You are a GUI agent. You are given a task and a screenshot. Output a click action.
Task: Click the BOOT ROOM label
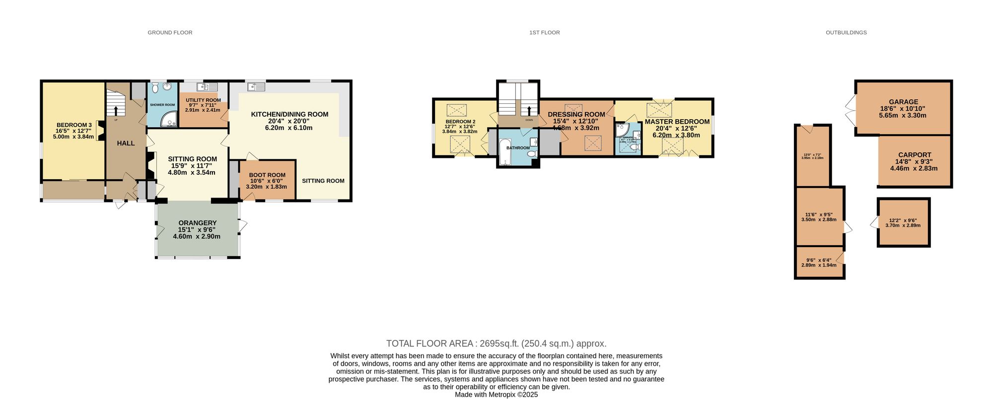coord(267,175)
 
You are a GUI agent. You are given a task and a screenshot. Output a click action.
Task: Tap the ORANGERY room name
coord(197,223)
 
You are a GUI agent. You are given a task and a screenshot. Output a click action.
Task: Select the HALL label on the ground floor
coord(126,143)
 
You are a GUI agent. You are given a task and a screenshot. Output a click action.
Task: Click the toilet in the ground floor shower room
coord(155,88)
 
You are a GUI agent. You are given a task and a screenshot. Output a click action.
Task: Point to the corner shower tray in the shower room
coord(170,120)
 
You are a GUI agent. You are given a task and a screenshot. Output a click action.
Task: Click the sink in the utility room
coord(204,87)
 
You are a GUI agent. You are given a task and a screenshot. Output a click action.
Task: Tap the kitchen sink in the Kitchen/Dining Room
coord(257,87)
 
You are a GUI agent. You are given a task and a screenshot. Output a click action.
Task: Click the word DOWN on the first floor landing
coord(529,120)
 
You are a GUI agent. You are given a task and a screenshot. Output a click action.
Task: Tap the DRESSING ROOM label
coord(576,114)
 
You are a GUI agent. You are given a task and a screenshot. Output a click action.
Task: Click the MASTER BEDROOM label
coord(677,122)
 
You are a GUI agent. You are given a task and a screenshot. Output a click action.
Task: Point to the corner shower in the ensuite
coord(621,130)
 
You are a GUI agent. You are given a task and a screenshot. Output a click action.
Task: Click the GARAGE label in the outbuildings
coord(903,102)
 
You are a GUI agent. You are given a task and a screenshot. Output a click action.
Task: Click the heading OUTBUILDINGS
coord(846,32)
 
